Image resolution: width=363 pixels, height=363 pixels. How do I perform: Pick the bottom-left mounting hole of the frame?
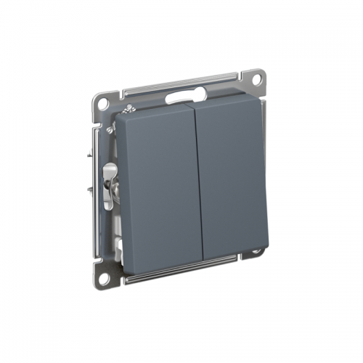(x=105, y=277)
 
